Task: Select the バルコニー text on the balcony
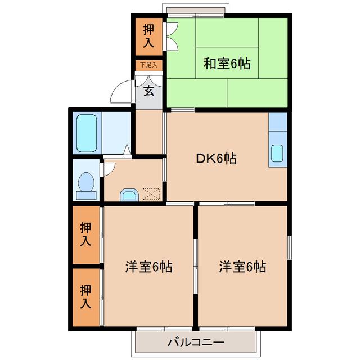coord(196,342)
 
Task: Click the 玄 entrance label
coord(148,91)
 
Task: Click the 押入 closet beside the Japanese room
coord(148,35)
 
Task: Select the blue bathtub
coord(87,133)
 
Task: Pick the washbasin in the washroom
coord(129,195)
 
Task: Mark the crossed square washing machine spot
coord(151,193)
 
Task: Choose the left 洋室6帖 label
coord(148,266)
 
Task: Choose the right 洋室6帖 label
coord(243,266)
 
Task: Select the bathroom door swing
coord(126,150)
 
